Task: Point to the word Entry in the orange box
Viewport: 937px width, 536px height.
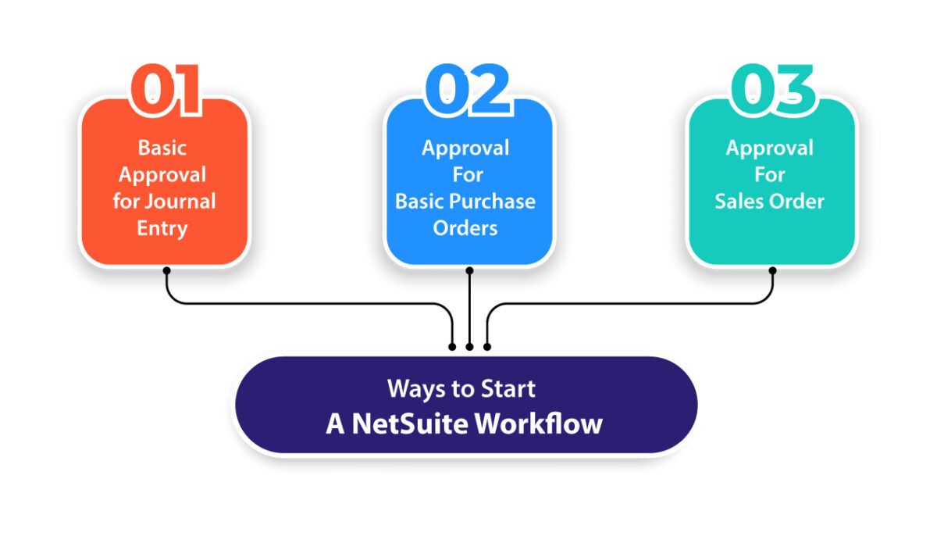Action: tap(162, 228)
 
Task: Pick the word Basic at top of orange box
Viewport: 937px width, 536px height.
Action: tap(162, 148)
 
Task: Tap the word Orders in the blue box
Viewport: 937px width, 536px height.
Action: tap(465, 228)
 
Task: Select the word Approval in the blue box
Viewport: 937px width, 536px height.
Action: tap(465, 148)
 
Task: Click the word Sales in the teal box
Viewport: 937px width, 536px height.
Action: tap(740, 202)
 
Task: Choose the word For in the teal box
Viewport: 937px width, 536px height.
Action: tap(769, 174)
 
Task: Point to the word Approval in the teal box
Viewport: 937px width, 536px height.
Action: tap(769, 148)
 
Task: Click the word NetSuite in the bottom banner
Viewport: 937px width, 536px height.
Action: tap(410, 423)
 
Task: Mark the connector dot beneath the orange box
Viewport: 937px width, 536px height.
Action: tap(166, 270)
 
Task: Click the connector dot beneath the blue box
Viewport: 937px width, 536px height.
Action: tap(469, 270)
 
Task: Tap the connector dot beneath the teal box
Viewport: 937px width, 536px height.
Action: tap(773, 270)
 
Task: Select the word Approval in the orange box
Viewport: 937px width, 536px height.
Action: tap(162, 174)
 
